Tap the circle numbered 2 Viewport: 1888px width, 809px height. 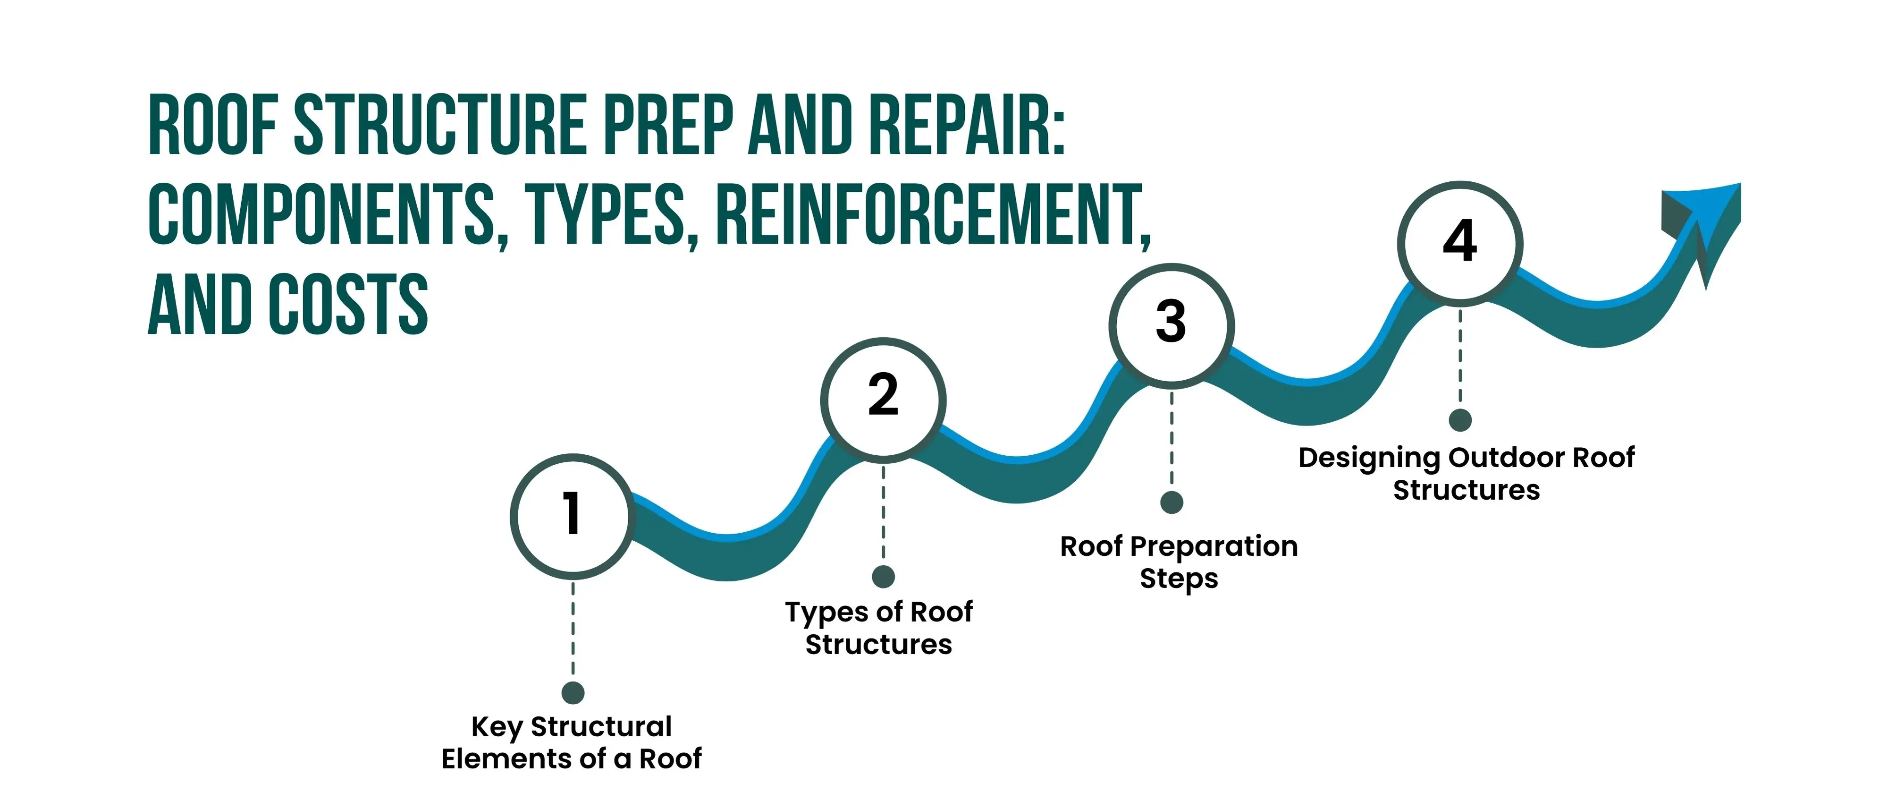click(x=883, y=399)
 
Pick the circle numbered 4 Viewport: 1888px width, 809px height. click(x=1460, y=243)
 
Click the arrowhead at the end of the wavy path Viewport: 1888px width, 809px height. click(x=1708, y=220)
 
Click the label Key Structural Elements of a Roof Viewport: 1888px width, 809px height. click(x=572, y=742)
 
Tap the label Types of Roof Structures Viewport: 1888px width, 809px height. click(x=879, y=628)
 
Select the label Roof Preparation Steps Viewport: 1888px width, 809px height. click(x=1179, y=562)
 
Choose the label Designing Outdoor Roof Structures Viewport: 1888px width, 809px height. click(x=1466, y=473)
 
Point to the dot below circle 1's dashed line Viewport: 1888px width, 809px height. click(x=573, y=692)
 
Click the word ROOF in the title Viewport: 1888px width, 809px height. click(x=212, y=125)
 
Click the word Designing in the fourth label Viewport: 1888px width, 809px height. click(x=1368, y=458)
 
